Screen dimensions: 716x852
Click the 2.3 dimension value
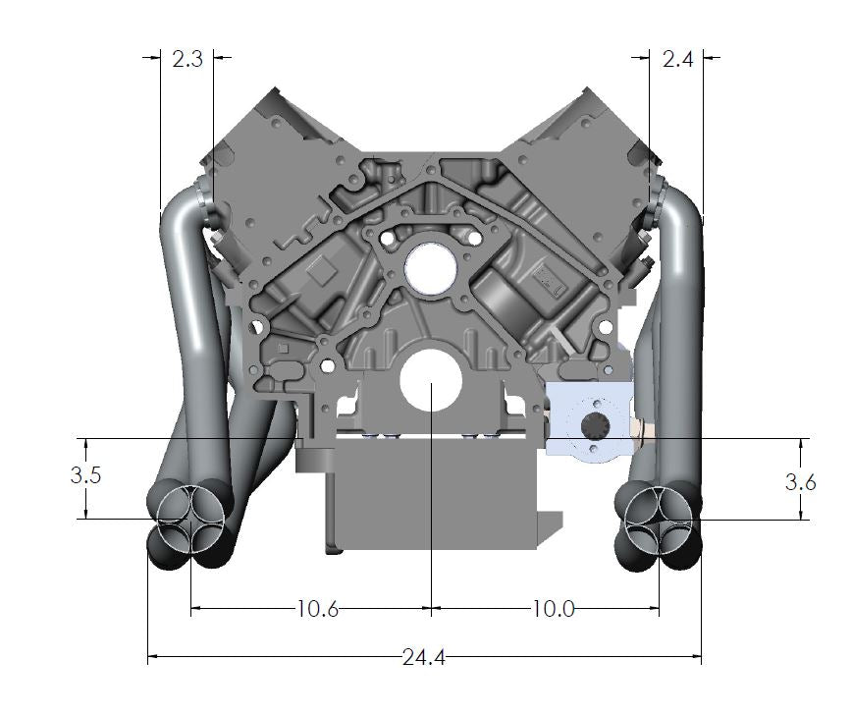[186, 59]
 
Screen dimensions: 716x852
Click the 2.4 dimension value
[677, 59]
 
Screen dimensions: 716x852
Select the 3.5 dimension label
[86, 476]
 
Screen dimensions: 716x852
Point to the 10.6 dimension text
[317, 609]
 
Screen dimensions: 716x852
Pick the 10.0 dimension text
[553, 609]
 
